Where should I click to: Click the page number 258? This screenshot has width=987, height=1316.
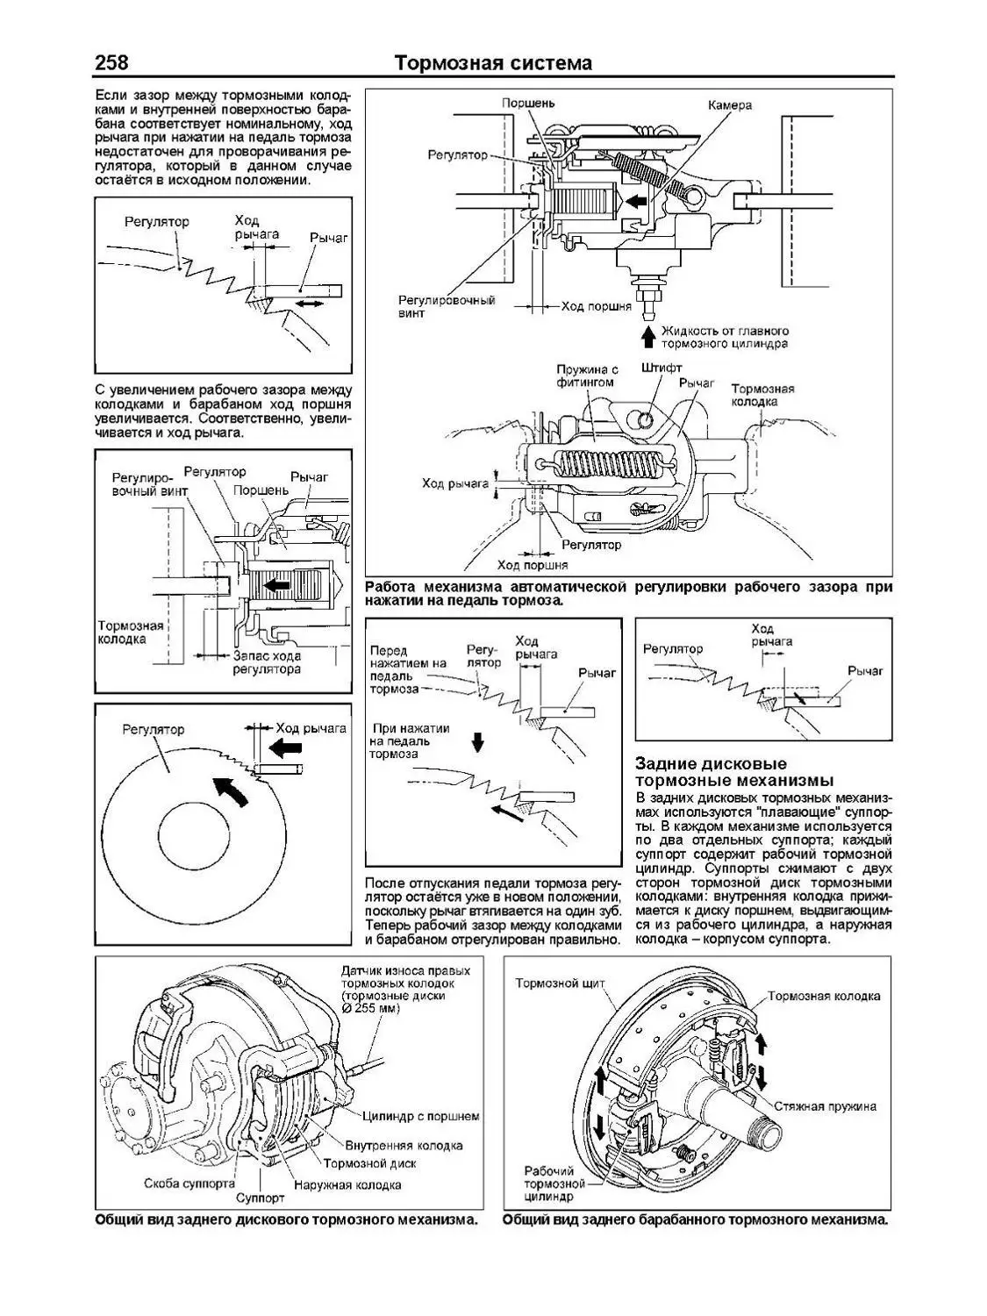click(x=111, y=63)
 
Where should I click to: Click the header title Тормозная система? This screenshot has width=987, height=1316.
click(x=493, y=63)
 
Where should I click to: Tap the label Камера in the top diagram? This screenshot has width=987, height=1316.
click(x=730, y=105)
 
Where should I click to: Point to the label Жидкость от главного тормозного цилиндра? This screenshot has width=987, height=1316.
click(x=726, y=338)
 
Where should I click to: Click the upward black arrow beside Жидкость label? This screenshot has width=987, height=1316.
click(x=647, y=336)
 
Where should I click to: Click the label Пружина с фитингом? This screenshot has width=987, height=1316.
click(x=587, y=376)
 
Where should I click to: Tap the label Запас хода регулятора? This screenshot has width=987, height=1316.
click(x=267, y=662)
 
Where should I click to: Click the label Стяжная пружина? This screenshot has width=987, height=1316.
click(x=826, y=1106)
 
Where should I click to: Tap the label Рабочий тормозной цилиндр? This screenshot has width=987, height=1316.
click(x=549, y=1184)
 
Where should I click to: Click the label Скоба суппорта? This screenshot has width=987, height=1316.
click(x=190, y=1184)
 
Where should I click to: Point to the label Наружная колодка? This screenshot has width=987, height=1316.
click(x=348, y=1185)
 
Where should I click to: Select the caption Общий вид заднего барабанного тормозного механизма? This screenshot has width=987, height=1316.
click(x=696, y=1220)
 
